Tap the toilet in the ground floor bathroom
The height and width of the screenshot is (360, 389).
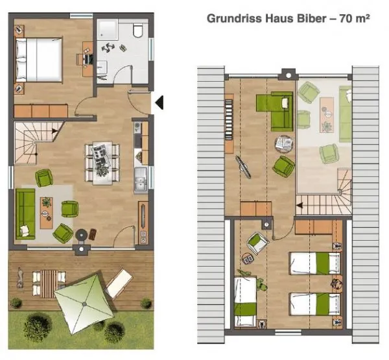(137, 30)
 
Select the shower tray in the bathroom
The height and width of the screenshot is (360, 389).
(108, 29)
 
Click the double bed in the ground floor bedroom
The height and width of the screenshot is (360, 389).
(38, 60)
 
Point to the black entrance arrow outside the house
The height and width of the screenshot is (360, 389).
(159, 102)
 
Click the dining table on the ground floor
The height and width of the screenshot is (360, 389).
(102, 163)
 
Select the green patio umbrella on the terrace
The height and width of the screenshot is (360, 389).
(84, 304)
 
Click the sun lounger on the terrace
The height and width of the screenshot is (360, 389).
(119, 283)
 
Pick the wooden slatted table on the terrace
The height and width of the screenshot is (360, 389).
(49, 283)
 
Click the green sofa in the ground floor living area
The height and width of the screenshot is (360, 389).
(25, 214)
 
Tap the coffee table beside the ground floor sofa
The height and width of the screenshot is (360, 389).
(47, 213)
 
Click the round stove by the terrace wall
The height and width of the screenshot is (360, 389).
(82, 235)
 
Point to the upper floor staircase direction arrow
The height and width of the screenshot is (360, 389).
(300, 206)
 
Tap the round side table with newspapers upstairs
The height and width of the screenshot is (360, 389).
(284, 143)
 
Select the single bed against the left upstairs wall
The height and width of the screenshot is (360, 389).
(245, 301)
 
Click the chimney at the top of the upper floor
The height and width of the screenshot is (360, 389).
(289, 75)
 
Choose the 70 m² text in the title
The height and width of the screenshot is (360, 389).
(355, 18)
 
